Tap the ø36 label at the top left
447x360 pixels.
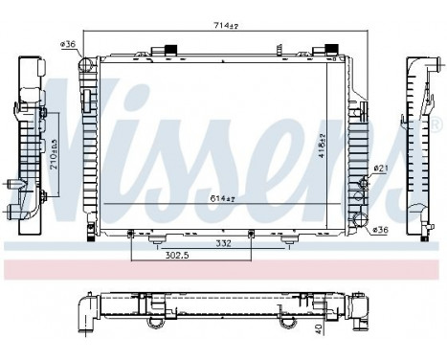click(67, 43)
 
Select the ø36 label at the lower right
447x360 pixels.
click(380, 229)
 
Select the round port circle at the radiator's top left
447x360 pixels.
click(84, 66)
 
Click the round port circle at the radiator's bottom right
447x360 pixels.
click(361, 223)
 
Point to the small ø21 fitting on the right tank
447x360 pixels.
click(364, 182)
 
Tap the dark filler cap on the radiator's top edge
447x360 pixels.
click(172, 49)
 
